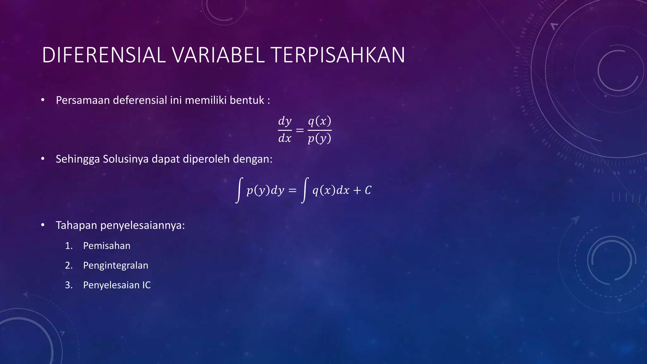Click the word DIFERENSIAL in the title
tap(104, 55)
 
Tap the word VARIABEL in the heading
tap(218, 55)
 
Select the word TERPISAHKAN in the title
tap(338, 55)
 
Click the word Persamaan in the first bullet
tap(83, 100)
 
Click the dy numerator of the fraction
tap(285, 121)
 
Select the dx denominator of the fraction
tap(285, 138)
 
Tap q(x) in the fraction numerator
tap(319, 121)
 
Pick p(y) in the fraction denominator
tap(319, 138)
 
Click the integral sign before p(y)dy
tap(239, 190)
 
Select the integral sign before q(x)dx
tap(305, 190)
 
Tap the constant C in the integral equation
tap(368, 190)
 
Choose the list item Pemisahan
tap(107, 246)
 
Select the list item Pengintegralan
tap(116, 265)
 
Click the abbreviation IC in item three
tap(146, 285)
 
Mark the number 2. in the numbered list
tap(69, 265)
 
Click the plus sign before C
tap(357, 190)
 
